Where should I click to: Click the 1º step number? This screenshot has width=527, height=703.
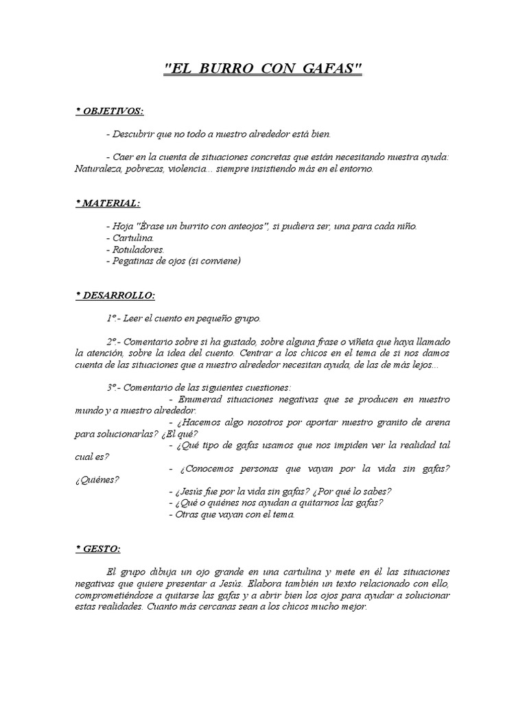pyautogui.click(x=112, y=319)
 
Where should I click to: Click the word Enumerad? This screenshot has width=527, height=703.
pyautogui.click(x=200, y=400)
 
